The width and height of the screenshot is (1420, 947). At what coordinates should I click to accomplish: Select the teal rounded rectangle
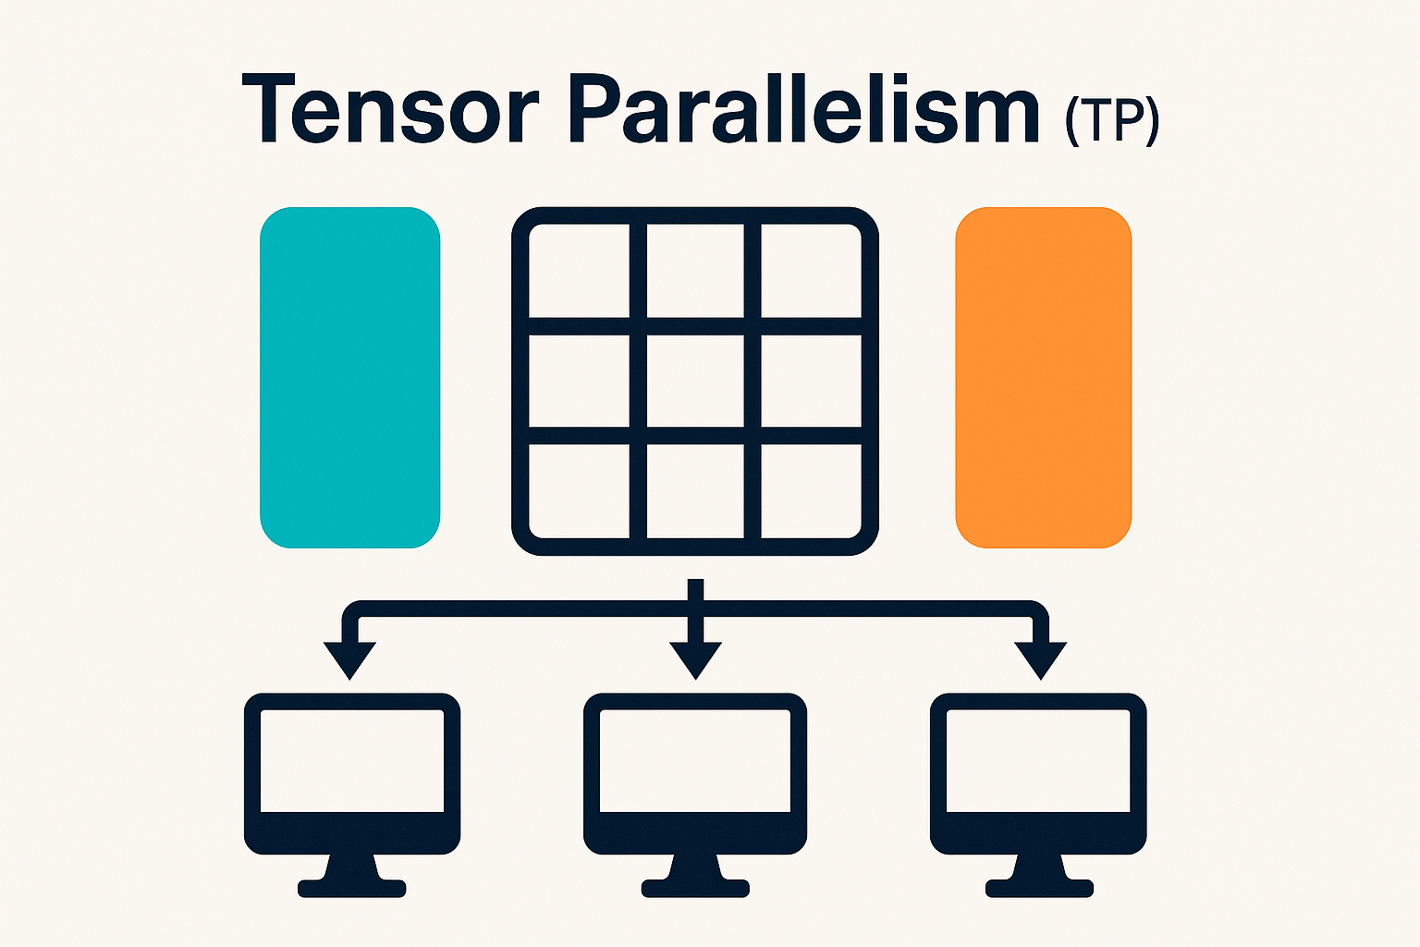click(x=349, y=377)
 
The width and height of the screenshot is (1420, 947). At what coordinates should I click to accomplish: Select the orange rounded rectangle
click(x=1043, y=377)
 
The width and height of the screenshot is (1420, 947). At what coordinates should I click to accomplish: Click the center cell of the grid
click(x=695, y=381)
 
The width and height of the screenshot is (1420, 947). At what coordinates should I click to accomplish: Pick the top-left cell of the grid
click(x=580, y=272)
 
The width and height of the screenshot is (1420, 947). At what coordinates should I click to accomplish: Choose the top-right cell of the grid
click(x=811, y=272)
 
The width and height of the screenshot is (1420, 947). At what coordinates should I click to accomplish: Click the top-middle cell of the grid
click(x=695, y=272)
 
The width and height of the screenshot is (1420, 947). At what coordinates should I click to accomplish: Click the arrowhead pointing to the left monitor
click(x=350, y=658)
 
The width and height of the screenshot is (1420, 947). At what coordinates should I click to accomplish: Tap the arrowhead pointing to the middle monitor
click(x=695, y=658)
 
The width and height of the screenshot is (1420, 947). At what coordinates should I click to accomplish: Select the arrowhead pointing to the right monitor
click(x=1041, y=658)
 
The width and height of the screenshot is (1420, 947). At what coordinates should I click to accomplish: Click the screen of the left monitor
click(x=351, y=760)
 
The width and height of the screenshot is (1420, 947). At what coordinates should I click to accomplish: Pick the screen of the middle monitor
click(x=695, y=760)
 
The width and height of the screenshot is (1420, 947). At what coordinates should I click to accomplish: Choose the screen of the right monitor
click(x=1038, y=760)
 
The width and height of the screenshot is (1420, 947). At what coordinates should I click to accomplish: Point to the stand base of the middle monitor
click(x=695, y=889)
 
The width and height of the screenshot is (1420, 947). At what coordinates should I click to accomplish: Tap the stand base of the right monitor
click(x=1039, y=889)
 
